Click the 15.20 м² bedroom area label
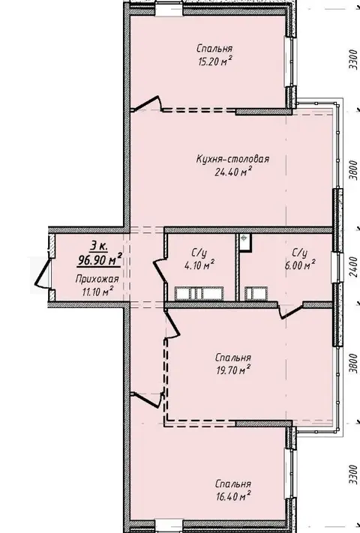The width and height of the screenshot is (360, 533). (x=214, y=61)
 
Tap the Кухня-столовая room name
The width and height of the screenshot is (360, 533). (x=232, y=159)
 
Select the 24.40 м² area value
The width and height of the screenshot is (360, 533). (x=232, y=172)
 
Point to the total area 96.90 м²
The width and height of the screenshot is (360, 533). (x=100, y=260)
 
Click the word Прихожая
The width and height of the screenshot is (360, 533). (x=97, y=280)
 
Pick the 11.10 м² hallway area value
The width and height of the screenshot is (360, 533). (x=97, y=292)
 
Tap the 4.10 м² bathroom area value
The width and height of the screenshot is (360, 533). (x=199, y=265)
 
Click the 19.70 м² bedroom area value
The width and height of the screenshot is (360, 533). (x=233, y=370)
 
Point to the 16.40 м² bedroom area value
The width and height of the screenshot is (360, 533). (x=233, y=496)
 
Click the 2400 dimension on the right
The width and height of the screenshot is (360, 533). (x=353, y=266)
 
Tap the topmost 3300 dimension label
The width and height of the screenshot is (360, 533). (x=353, y=59)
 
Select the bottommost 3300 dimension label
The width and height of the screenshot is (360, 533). (x=353, y=475)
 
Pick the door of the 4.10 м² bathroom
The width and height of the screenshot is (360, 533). (x=160, y=270)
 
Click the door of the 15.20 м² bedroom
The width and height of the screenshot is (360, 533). (x=146, y=103)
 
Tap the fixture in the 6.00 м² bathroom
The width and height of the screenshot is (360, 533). (x=256, y=294)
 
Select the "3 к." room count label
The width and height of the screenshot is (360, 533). (x=99, y=245)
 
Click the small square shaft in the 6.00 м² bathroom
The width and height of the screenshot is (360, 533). (x=244, y=242)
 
